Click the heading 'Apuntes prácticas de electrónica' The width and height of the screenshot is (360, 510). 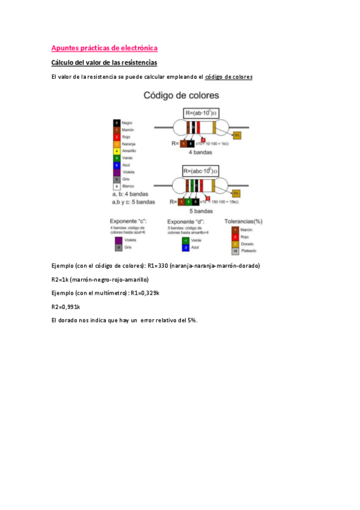pos(104,48)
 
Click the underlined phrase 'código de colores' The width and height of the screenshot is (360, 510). pos(229,77)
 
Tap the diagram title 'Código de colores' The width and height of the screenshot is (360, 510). pos(180,96)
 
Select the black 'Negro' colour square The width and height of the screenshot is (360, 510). pos(117,123)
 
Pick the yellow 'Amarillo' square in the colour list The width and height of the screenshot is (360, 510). pos(117,150)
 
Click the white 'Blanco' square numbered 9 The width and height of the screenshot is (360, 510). pos(117,186)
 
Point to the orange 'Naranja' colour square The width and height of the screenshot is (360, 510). pos(117,144)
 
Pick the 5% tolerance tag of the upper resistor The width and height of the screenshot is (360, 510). pos(237,136)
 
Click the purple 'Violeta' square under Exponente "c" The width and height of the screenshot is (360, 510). pos(118,240)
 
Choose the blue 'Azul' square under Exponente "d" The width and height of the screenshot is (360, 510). pos(186,247)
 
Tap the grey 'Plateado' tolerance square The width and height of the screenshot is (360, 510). pos(235,251)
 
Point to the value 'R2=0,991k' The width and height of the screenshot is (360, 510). pos(66,306)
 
